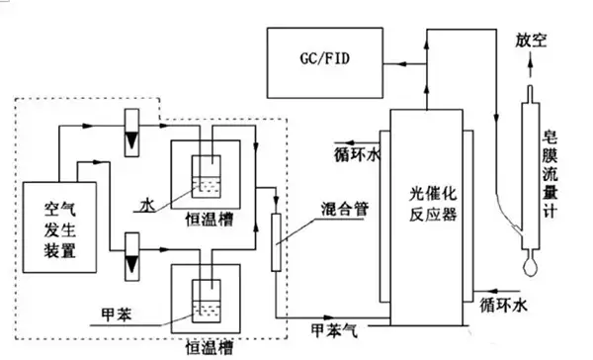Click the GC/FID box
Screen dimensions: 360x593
(x=324, y=58)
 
